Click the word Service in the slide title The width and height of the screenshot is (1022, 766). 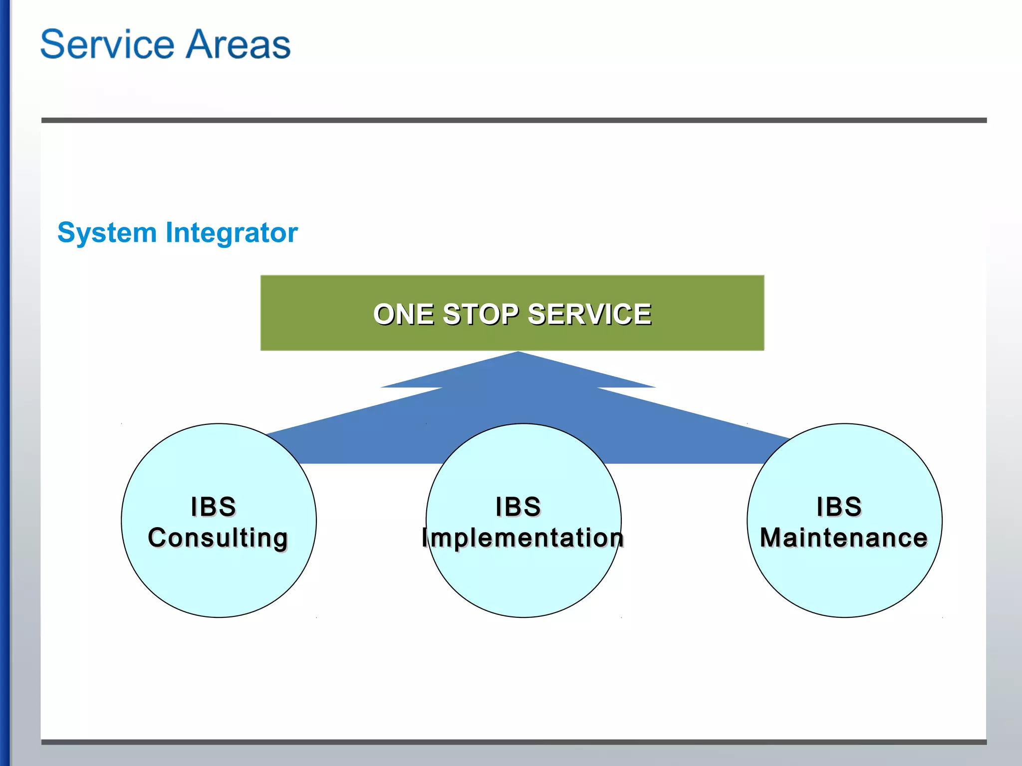tap(107, 45)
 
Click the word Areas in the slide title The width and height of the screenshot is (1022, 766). tap(239, 45)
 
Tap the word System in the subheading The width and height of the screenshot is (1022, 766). tap(107, 233)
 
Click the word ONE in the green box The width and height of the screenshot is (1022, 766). tap(404, 315)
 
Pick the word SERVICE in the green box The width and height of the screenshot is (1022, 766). tap(589, 315)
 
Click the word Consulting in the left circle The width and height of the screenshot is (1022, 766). tap(218, 538)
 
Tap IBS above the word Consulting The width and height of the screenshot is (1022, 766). tap(213, 507)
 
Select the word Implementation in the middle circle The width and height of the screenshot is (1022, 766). tap(522, 538)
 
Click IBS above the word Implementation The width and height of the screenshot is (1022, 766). tap(518, 507)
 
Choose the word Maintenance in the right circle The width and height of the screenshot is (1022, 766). tap(843, 538)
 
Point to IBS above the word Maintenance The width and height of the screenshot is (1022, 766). tap(839, 507)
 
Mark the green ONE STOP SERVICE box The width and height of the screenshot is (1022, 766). tap(512, 289)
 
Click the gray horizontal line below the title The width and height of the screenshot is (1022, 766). tap(514, 120)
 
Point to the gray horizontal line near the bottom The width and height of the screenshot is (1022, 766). tap(514, 742)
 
